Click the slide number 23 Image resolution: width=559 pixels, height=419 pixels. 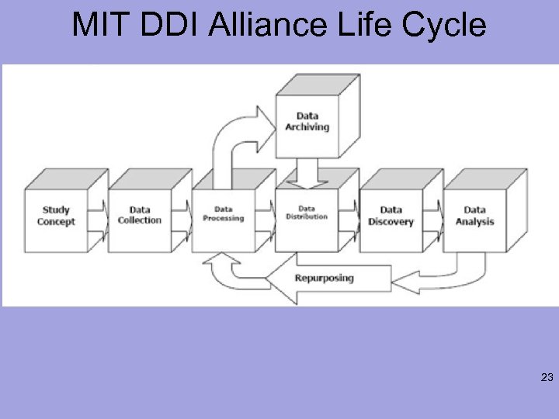pos(546,379)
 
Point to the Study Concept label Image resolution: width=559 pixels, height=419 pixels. pos(56,216)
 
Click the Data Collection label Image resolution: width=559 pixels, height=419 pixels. pos(140,215)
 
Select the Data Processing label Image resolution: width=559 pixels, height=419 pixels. pos(224,214)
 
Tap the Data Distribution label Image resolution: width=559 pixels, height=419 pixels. pos(307,213)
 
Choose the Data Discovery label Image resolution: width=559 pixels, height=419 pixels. pos(391,215)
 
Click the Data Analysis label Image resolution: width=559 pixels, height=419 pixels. pos(475,215)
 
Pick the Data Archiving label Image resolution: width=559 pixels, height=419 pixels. pos(307,122)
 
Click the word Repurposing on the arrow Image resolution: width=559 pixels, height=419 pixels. pos(325,278)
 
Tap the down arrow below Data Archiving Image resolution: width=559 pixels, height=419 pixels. pos(307,173)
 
